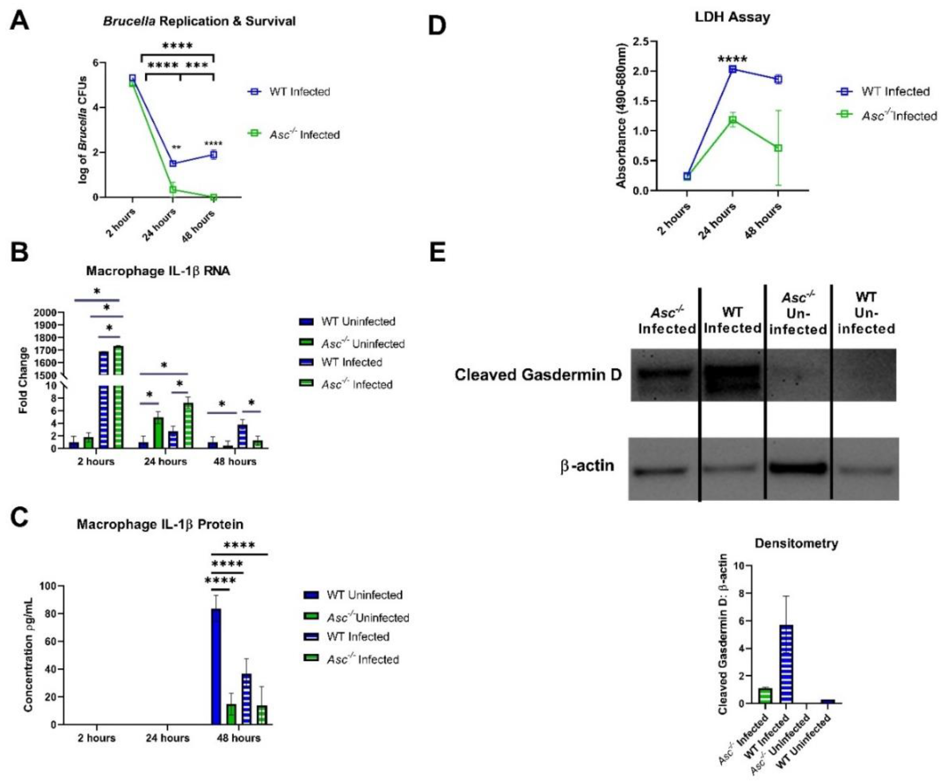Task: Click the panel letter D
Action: coord(437,26)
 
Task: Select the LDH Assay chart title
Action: coord(732,17)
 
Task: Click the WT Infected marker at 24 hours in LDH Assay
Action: coord(733,69)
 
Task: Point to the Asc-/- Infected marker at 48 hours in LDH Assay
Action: coord(778,148)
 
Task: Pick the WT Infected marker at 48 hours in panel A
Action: coord(214,155)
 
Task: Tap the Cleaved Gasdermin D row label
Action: coord(538,374)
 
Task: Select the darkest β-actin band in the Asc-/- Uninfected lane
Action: coord(798,468)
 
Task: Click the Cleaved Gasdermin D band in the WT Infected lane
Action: coord(732,374)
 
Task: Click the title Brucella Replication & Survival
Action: coord(199,21)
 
